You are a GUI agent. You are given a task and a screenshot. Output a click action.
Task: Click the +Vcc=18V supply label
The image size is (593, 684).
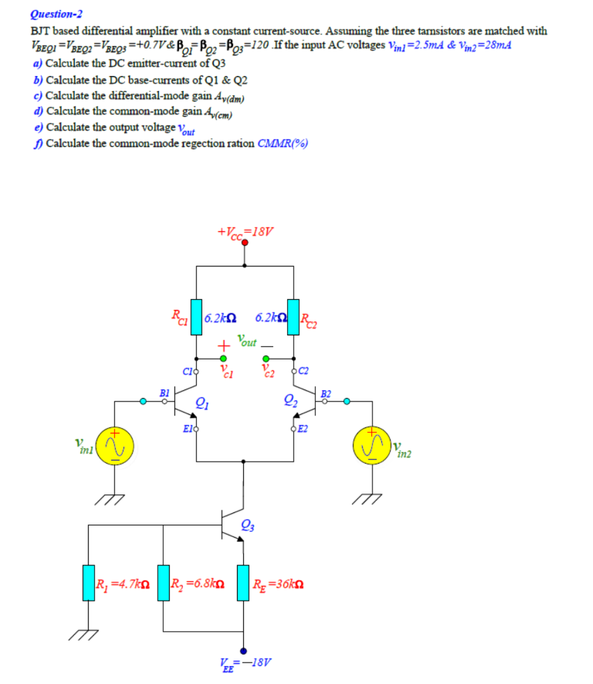click(x=245, y=232)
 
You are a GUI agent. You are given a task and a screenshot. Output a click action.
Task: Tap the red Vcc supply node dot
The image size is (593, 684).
click(x=245, y=244)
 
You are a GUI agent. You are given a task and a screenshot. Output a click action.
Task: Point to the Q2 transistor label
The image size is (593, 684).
click(x=290, y=402)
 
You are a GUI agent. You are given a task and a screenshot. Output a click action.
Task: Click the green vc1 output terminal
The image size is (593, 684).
click(x=223, y=359)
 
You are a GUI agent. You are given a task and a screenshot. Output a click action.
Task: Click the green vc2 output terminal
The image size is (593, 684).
click(x=266, y=359)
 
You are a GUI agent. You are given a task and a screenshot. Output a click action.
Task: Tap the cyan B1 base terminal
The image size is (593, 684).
click(x=143, y=401)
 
